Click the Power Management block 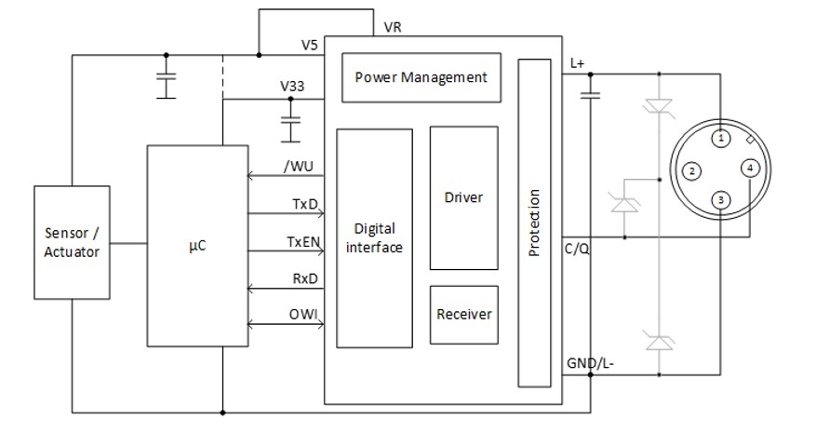coord(421,77)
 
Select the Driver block coord(463,197)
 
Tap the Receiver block coord(463,314)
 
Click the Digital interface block coord(374,237)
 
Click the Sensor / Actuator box coord(72,242)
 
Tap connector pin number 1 coord(720,138)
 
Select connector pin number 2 coord(690,170)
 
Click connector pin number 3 coord(720,199)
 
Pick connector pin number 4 coord(751,169)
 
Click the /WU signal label coord(299,166)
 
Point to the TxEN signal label coord(301,241)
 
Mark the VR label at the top coord(393,27)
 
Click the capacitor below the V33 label coord(291,121)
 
